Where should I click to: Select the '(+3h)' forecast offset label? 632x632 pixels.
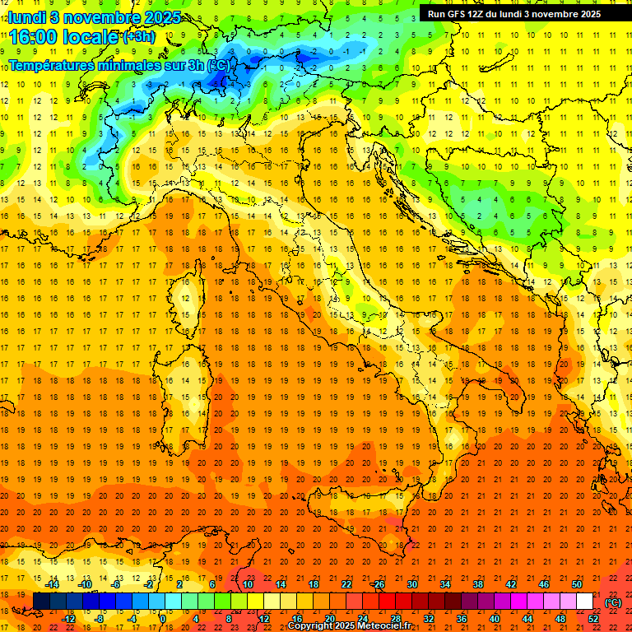(138, 37)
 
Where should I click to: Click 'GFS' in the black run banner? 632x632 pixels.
(459, 14)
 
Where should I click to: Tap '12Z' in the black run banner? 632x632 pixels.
(482, 14)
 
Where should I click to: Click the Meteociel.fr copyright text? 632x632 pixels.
(349, 626)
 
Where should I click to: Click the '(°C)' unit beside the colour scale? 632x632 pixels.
(613, 602)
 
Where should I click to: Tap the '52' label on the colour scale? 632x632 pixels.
(593, 619)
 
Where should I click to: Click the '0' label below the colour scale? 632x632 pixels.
(163, 619)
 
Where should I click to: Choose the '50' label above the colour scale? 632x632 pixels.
(577, 584)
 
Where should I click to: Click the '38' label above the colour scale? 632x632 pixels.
(477, 584)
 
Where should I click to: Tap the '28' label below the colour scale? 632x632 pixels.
(395, 619)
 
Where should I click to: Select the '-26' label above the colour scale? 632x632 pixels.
(378, 584)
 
